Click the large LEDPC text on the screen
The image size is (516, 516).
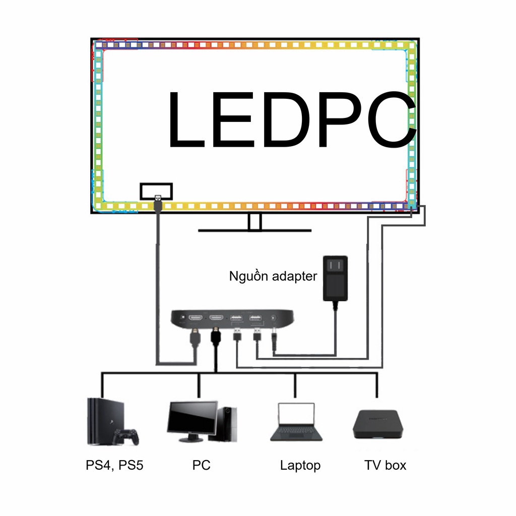pyautogui.click(x=291, y=119)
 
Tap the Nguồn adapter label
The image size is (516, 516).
pyautogui.click(x=273, y=276)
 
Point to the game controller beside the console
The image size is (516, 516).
pyautogui.click(x=125, y=436)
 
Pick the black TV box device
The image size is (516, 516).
pyautogui.click(x=377, y=424)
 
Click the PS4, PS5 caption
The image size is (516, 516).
pyautogui.click(x=114, y=465)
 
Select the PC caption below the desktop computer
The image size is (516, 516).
pyautogui.click(x=201, y=465)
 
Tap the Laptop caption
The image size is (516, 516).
pyautogui.click(x=300, y=465)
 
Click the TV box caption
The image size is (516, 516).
pyautogui.click(x=385, y=465)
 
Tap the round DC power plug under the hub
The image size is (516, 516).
pyautogui.click(x=274, y=338)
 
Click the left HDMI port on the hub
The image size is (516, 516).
pyautogui.click(x=196, y=318)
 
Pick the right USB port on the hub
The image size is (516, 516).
pyautogui.click(x=254, y=318)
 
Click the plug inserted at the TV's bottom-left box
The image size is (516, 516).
pyautogui.click(x=157, y=203)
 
